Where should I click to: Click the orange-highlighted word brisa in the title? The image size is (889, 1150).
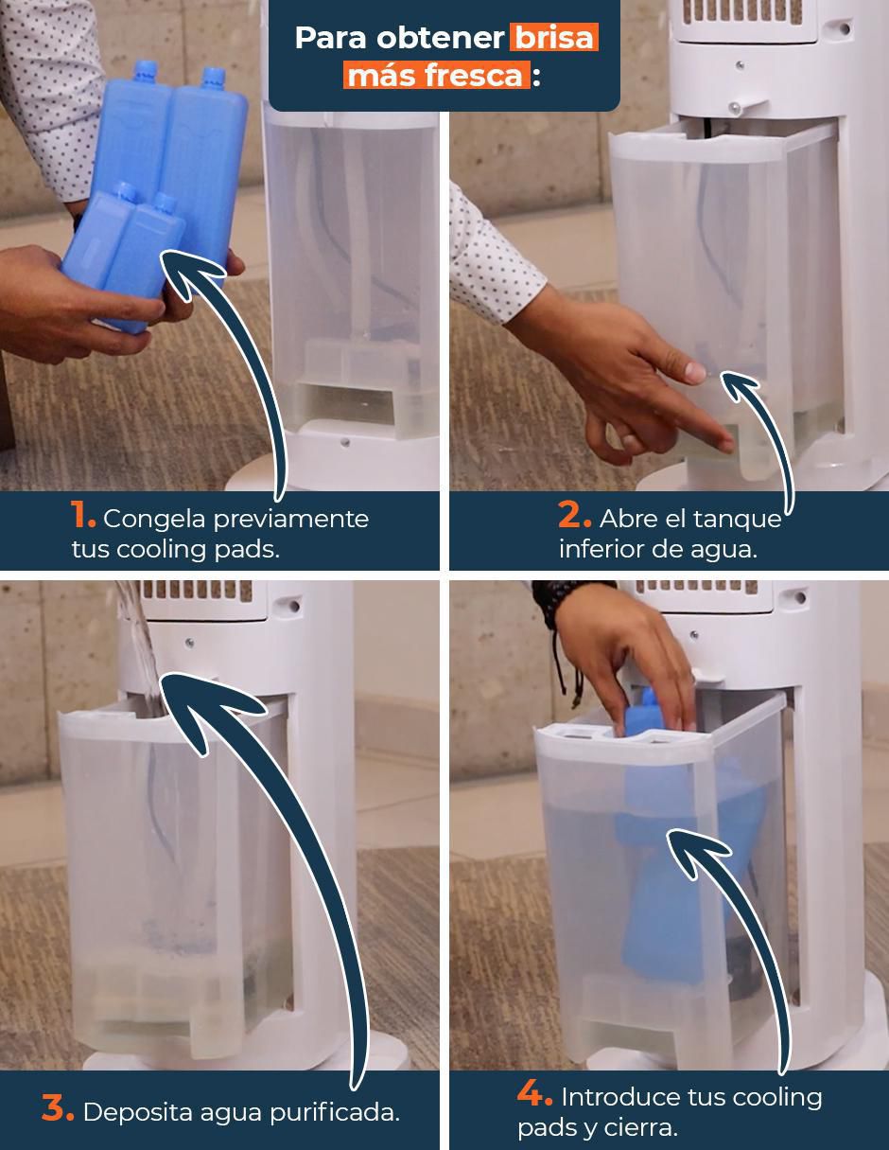click(x=554, y=37)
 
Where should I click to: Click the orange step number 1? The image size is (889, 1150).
click(x=82, y=515)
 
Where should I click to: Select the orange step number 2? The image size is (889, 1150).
click(x=574, y=515)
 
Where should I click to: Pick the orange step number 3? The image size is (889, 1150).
click(x=58, y=1107)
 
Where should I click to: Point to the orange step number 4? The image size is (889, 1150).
click(x=535, y=1093)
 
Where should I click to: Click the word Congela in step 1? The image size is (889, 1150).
click(x=154, y=520)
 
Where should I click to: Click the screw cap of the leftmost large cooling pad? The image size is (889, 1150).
click(x=145, y=71)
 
